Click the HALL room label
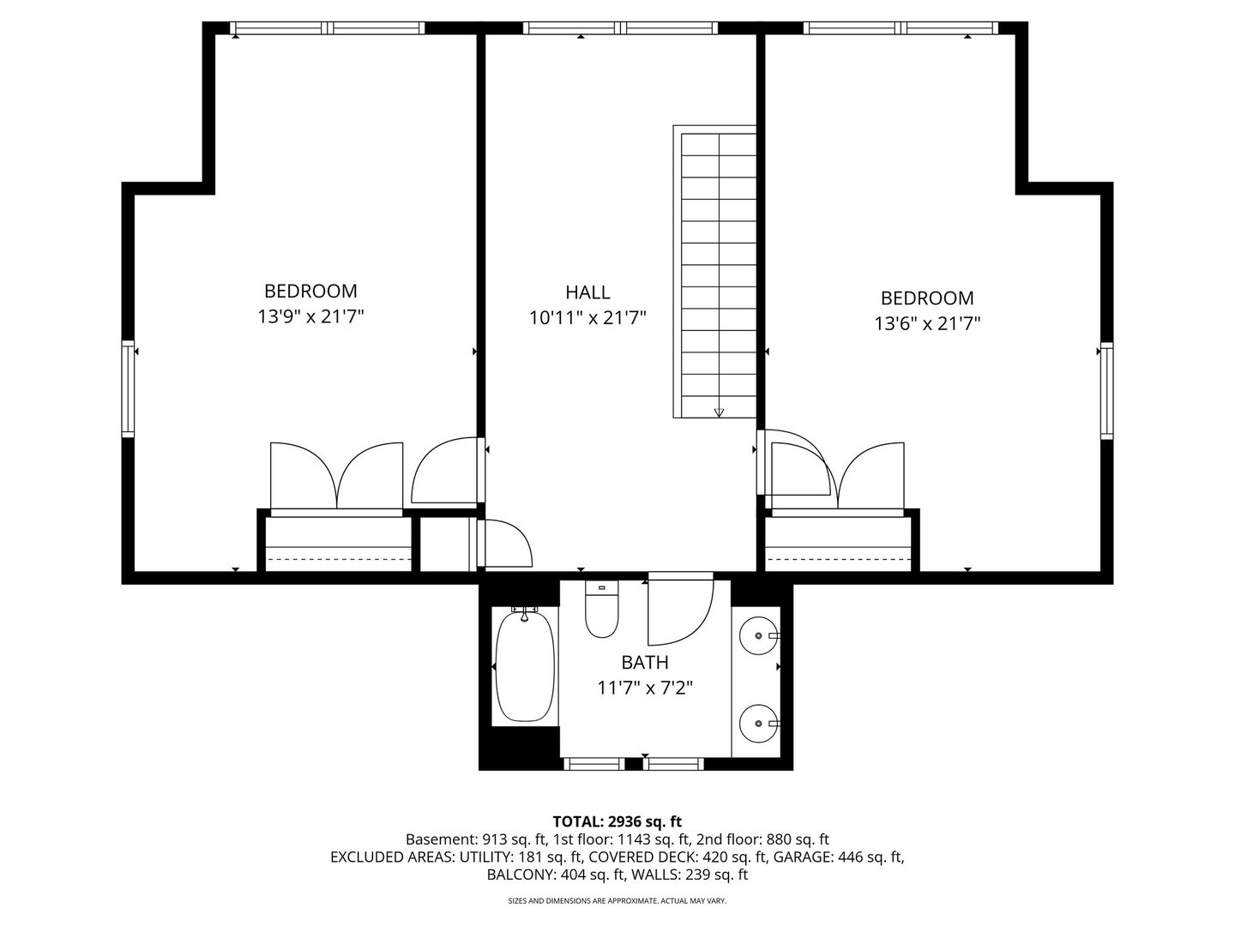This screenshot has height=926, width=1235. (587, 292)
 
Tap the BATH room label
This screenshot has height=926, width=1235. (645, 662)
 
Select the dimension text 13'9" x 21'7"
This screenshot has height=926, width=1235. (310, 317)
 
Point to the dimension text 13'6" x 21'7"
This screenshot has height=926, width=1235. (927, 324)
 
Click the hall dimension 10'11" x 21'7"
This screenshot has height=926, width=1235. (587, 318)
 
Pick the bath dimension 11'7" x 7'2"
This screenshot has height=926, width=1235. (645, 688)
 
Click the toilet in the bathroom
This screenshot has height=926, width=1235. (601, 610)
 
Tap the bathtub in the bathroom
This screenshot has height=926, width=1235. (525, 666)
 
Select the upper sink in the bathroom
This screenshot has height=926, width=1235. (758, 636)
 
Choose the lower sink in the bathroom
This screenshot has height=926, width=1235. (758, 725)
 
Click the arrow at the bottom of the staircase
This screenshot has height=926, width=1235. (719, 412)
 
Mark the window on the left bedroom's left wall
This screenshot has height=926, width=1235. (129, 388)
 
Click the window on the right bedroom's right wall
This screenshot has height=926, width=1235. (1106, 390)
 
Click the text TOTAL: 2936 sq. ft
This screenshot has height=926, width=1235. (617, 822)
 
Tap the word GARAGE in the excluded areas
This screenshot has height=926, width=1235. (803, 857)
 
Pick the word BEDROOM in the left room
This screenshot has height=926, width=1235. (310, 292)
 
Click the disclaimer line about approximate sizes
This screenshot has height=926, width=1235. (617, 900)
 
